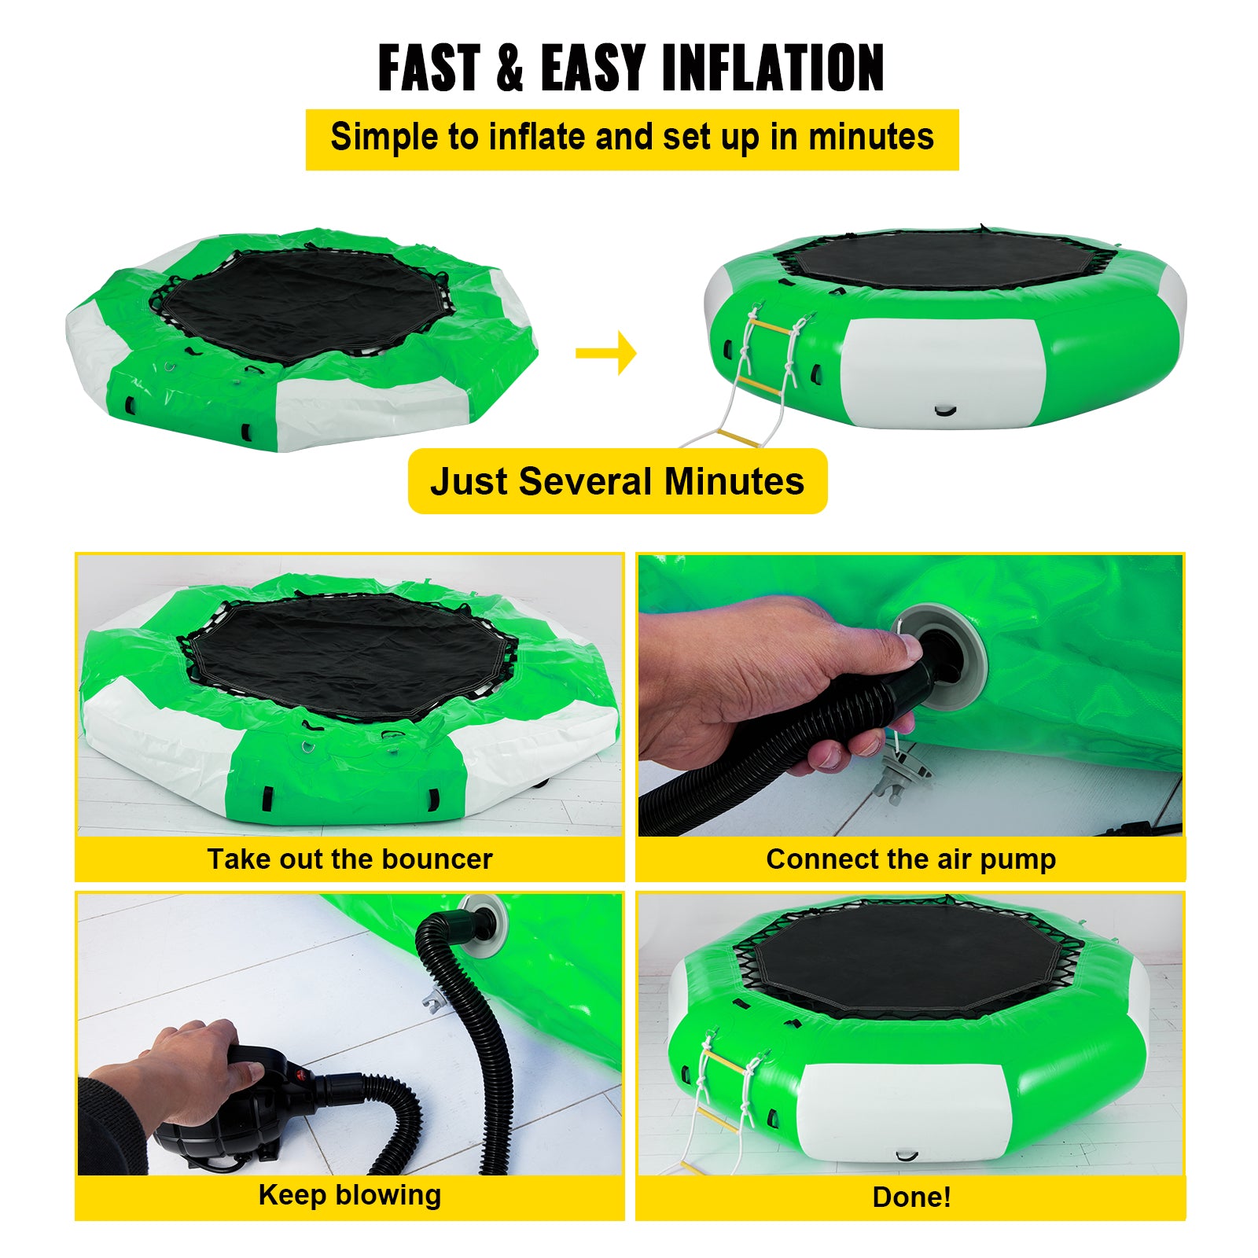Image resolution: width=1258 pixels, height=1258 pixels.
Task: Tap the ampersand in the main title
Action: tap(509, 68)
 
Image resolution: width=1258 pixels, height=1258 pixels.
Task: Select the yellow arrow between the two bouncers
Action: tap(606, 353)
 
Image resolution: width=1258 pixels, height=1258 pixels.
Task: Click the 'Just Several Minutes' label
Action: tap(617, 481)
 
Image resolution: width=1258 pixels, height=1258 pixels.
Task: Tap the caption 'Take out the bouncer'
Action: tap(349, 859)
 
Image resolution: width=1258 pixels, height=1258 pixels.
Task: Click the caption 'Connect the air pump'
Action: tap(910, 859)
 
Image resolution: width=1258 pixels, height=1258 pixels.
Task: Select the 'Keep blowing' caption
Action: tap(349, 1194)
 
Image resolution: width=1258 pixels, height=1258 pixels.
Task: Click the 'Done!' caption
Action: tap(911, 1197)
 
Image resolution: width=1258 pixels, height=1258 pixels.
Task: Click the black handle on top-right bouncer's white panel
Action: tap(945, 410)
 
